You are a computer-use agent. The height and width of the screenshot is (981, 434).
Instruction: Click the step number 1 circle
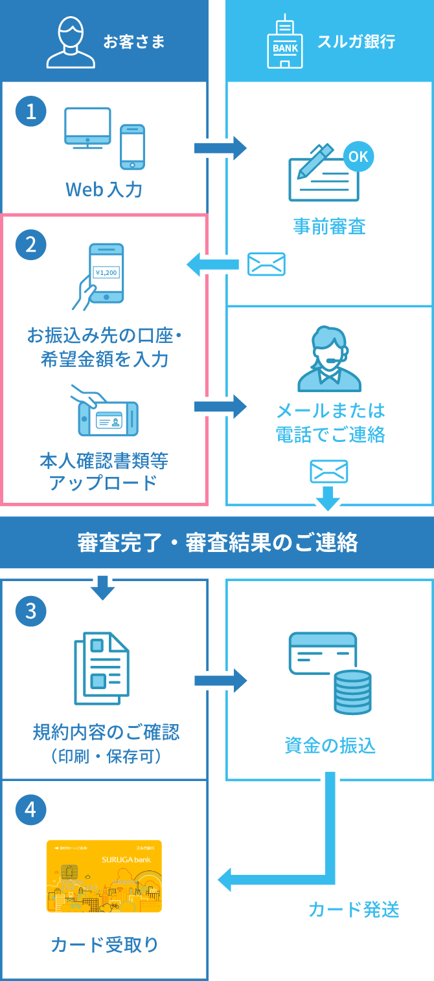pyautogui.click(x=31, y=112)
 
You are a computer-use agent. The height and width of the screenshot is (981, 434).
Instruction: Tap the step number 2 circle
pyautogui.click(x=31, y=244)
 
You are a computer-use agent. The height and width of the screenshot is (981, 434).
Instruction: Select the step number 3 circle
pyautogui.click(x=31, y=610)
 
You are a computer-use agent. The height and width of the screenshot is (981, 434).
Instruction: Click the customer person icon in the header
pyautogui.click(x=71, y=43)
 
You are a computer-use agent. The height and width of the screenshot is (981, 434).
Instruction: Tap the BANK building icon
pyautogui.click(x=285, y=43)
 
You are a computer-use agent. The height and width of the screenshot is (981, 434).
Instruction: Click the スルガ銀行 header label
pyautogui.click(x=356, y=43)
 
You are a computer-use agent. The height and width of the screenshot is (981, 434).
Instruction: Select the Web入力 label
pyautogui.click(x=104, y=190)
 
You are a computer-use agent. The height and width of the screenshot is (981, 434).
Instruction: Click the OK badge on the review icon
pyautogui.click(x=358, y=157)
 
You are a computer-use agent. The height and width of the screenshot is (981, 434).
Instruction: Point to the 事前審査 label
pyautogui.click(x=329, y=226)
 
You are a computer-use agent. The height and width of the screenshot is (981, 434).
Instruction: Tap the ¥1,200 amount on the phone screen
pyautogui.click(x=106, y=272)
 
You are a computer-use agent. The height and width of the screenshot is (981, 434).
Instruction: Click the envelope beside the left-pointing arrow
pyautogui.click(x=266, y=264)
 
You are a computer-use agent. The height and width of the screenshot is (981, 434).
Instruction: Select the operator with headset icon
pyautogui.click(x=329, y=359)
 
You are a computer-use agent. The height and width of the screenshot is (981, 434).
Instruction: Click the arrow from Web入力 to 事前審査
pyautogui.click(x=220, y=148)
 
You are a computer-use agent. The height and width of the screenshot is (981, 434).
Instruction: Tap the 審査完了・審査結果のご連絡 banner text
pyautogui.click(x=217, y=543)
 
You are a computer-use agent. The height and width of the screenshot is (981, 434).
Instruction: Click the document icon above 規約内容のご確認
pyautogui.click(x=102, y=668)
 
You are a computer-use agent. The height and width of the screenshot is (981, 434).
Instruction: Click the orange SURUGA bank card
pyautogui.click(x=104, y=876)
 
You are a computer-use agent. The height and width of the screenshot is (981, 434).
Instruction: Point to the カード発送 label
pyautogui.click(x=354, y=910)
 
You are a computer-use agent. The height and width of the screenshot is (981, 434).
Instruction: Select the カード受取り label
pyautogui.click(x=104, y=945)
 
